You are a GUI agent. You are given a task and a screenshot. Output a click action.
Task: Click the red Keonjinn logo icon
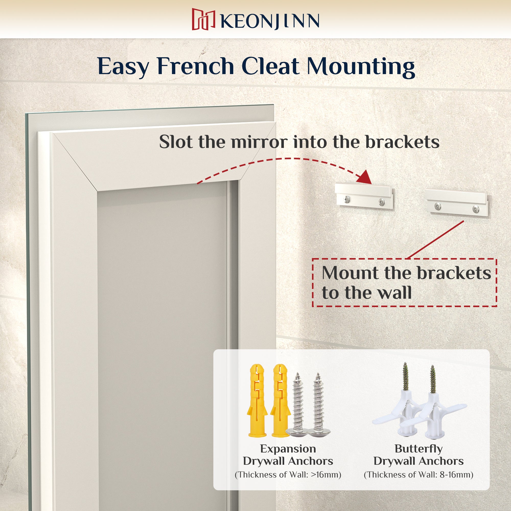pos(203,19)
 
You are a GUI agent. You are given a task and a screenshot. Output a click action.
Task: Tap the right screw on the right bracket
pos(475,209)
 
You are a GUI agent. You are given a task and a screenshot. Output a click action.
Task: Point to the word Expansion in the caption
pos(288,449)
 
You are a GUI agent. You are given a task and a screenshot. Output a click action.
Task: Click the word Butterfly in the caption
pos(419,449)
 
